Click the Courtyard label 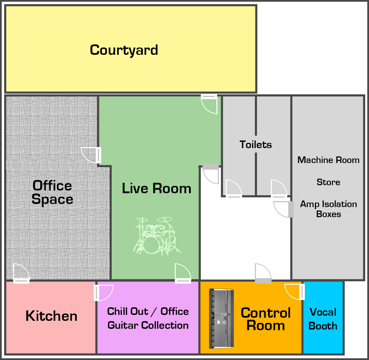[x=124, y=50]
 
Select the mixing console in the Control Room [x=222, y=318]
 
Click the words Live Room [x=156, y=188]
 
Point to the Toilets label [x=256, y=145]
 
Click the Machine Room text [x=328, y=160]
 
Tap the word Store [x=328, y=182]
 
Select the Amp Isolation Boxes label [x=328, y=209]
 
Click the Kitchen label [x=51, y=316]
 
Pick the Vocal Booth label [x=323, y=319]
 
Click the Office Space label [x=52, y=192]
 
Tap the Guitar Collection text [x=148, y=325]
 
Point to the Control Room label [x=266, y=319]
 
